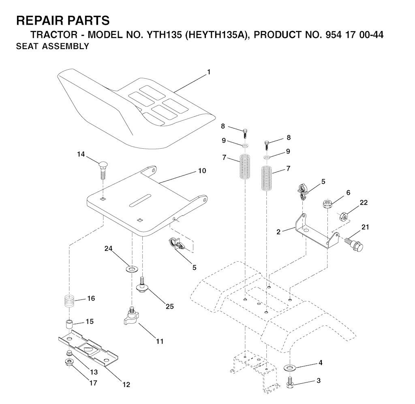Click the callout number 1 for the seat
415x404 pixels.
(x=209, y=72)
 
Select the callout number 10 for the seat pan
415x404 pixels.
(x=202, y=171)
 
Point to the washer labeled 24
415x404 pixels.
(x=131, y=269)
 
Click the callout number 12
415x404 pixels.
(x=126, y=385)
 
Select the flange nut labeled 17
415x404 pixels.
(x=69, y=362)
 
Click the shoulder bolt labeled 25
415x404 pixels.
(x=142, y=284)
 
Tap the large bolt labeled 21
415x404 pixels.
(x=354, y=244)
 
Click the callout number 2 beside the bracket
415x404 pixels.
(x=278, y=232)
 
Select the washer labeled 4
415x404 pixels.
(x=290, y=368)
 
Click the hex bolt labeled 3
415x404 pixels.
(x=290, y=382)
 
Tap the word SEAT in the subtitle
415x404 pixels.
(x=27, y=46)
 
